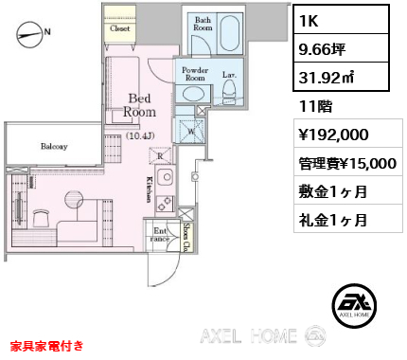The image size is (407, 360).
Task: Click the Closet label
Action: [119, 29]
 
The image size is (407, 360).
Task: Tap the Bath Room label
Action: [203, 24]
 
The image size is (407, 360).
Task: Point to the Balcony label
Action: [54, 147]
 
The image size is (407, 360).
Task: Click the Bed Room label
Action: [139, 104]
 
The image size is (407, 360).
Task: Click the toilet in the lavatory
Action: [228, 89]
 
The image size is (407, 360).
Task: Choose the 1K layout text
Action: [311, 20]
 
